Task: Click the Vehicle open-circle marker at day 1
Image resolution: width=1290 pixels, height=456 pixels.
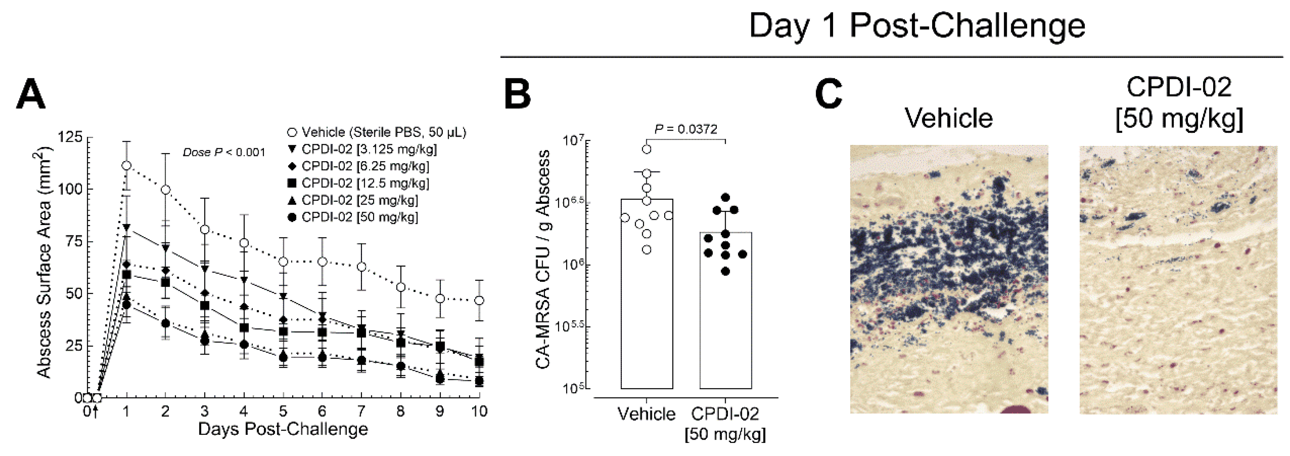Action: (x=127, y=165)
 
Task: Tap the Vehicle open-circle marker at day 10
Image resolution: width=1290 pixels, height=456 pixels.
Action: (x=479, y=300)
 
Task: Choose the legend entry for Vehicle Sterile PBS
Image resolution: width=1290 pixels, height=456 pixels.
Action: (x=378, y=132)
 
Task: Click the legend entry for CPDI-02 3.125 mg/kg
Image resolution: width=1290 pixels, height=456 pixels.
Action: (x=363, y=149)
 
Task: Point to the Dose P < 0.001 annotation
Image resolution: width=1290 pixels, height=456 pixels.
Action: (x=224, y=152)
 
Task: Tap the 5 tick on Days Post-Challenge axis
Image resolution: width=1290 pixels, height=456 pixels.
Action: (x=283, y=411)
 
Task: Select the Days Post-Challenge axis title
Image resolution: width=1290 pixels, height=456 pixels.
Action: (x=283, y=429)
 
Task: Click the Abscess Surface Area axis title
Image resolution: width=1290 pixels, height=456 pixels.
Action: (x=44, y=263)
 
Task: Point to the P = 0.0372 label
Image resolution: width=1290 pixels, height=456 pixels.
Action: (x=686, y=129)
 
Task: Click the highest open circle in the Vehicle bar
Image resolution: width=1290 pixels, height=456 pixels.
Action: (x=647, y=149)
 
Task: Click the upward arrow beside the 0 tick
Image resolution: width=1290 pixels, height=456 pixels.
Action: (x=95, y=412)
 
